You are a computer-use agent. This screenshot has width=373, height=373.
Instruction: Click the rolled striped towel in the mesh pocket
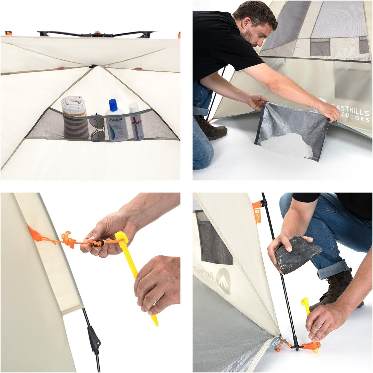coord(75,117)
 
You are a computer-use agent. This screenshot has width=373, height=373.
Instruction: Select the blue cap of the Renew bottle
coord(113,106)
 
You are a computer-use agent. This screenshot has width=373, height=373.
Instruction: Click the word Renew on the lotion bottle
coord(115,120)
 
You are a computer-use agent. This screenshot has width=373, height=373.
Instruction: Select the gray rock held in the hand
coord(297,256)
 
